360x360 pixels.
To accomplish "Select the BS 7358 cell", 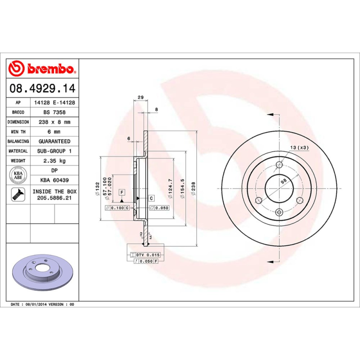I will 54,112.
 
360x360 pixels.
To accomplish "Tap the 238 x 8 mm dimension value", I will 54,122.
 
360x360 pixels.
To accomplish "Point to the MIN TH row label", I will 18,132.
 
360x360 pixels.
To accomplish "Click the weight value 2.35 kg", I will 54,161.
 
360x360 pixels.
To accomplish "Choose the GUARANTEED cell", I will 54,141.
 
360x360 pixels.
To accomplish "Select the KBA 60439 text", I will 54,180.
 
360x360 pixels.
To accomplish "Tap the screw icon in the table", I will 18,194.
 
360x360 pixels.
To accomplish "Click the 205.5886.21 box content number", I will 54,198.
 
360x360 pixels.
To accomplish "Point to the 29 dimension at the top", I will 140,98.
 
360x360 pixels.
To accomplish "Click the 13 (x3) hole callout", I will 299,148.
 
